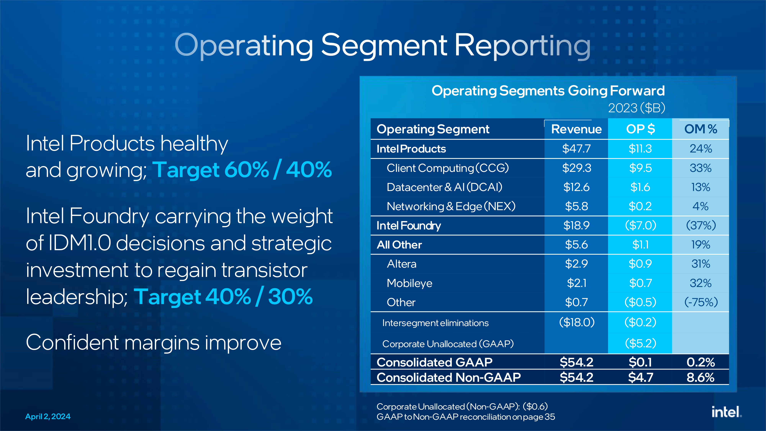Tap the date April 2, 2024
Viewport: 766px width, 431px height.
(48, 416)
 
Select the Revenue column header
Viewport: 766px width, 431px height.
(576, 129)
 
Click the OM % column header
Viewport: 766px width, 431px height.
(701, 129)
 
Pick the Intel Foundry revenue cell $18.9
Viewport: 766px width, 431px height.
(576, 225)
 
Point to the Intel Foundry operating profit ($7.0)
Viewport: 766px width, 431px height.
(640, 225)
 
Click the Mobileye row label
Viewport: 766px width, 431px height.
(409, 283)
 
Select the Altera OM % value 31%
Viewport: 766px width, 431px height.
(701, 264)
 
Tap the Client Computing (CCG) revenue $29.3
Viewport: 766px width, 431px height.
(576, 168)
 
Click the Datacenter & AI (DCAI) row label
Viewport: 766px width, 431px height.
(444, 187)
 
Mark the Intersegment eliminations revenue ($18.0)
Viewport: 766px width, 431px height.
(577, 322)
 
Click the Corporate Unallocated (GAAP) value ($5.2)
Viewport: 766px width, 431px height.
(640, 343)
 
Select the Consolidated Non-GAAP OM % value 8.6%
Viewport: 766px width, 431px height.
(700, 377)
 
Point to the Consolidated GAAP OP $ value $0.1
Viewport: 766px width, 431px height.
(640, 362)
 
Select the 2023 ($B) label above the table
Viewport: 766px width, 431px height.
(636, 108)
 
